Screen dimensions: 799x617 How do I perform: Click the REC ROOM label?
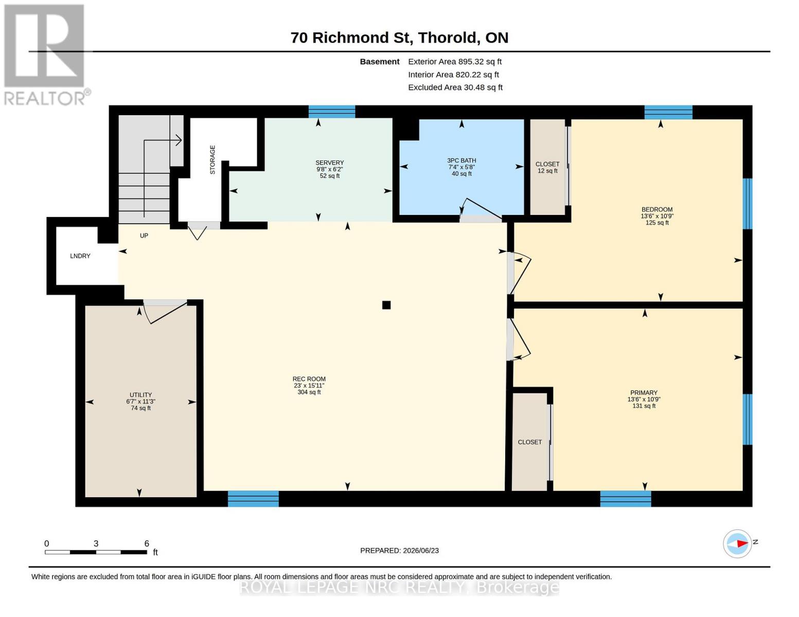pyautogui.click(x=309, y=379)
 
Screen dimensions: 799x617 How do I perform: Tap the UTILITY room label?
pyautogui.click(x=140, y=395)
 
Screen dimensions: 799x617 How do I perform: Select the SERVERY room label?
pyautogui.click(x=329, y=162)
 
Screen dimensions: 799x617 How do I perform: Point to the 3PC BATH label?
pyautogui.click(x=461, y=160)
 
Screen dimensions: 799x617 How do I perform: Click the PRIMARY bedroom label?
pyautogui.click(x=644, y=392)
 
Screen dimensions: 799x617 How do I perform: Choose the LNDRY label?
pyautogui.click(x=80, y=256)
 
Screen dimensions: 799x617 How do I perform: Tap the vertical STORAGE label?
pyautogui.click(x=212, y=160)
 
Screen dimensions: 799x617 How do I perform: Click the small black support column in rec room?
pyautogui.click(x=386, y=304)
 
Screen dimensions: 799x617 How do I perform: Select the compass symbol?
pyautogui.click(x=737, y=544)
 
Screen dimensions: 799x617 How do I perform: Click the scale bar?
pyautogui.click(x=96, y=552)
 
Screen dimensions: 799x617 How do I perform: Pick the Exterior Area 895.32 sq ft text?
pyautogui.click(x=455, y=62)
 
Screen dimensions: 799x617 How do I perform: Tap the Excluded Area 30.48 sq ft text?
pyautogui.click(x=455, y=87)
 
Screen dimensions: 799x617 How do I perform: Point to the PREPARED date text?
pyautogui.click(x=399, y=551)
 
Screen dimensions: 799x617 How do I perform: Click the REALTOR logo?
pyautogui.click(x=46, y=55)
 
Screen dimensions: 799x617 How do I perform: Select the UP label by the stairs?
pyautogui.click(x=144, y=235)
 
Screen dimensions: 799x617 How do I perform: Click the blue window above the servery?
pyautogui.click(x=332, y=112)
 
